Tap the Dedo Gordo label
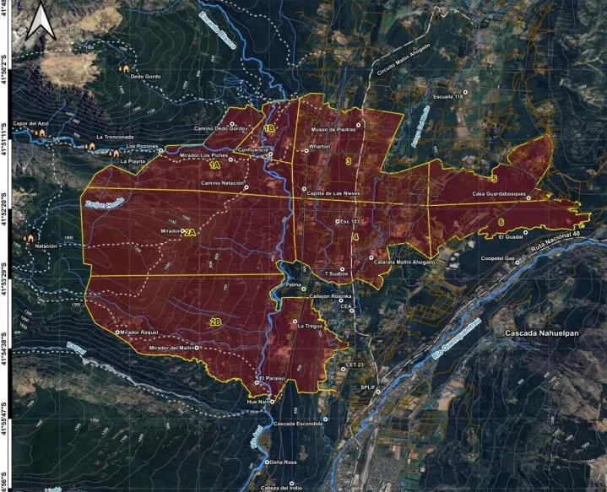(144, 77)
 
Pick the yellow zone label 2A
(190, 232)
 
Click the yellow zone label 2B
(216, 322)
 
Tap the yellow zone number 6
(501, 223)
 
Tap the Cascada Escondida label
(298, 423)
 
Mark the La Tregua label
(311, 324)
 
